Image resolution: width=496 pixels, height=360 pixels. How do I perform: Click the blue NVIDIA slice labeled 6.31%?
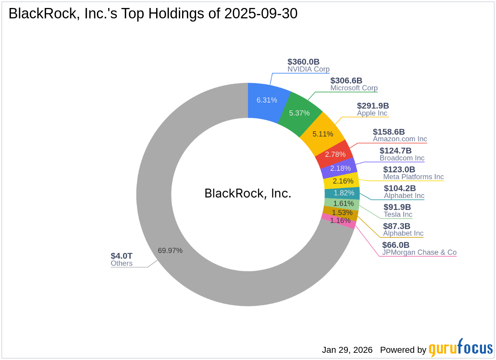pos(267,100)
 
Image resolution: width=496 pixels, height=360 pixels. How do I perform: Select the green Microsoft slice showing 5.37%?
pos(300,113)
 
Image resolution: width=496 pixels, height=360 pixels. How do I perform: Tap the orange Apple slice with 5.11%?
pos(323,134)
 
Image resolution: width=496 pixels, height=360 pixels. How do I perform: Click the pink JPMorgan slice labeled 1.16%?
pos(340,220)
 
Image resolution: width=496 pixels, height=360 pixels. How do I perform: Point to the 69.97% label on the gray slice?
pos(170,251)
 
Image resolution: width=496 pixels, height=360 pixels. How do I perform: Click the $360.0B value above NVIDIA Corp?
pos(304,62)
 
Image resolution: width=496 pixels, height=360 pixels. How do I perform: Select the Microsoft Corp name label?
pos(354,88)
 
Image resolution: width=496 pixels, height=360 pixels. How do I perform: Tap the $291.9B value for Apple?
pos(373,106)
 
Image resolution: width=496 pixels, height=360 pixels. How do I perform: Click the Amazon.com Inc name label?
pos(400,139)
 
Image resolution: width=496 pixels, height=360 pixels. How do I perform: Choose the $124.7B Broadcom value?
pos(395,150)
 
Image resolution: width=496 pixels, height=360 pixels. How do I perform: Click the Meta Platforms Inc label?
pos(413,177)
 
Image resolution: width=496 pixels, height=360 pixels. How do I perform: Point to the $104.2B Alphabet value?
pos(400,188)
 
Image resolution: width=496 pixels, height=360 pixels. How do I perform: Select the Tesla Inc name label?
pos(398,215)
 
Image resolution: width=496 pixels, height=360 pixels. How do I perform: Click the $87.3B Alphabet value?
pos(397,226)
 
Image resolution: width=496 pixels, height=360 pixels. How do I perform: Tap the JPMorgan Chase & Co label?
pos(419,253)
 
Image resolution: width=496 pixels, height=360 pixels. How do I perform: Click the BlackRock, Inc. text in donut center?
pos(248,194)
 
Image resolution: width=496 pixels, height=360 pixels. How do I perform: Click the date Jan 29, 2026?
pos(347,350)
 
